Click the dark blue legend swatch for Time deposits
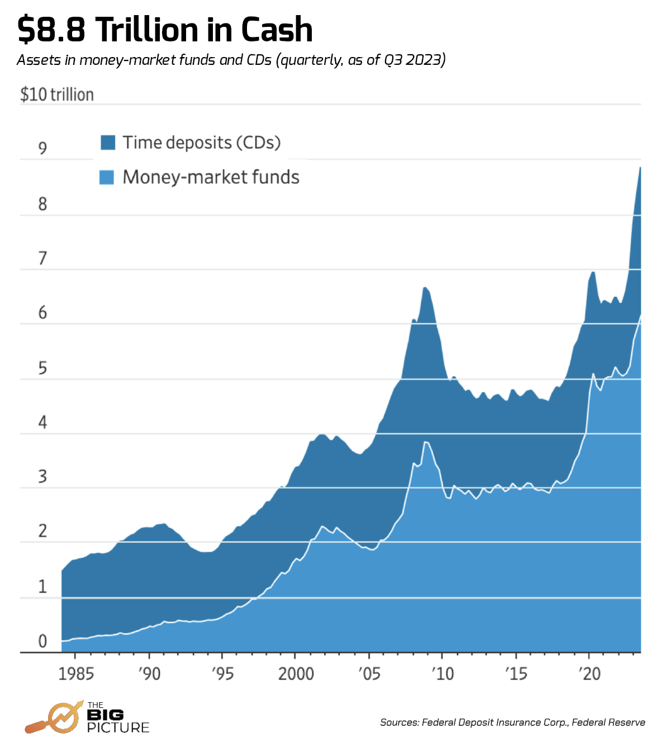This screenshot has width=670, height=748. coord(108,143)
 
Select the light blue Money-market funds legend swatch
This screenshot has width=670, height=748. coord(107,177)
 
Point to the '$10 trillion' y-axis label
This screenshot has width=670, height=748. coord(57,94)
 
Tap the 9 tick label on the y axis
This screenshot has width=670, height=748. coord(42,148)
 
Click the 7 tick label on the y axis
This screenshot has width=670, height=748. coord(42,258)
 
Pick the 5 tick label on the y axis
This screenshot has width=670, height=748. coord(42,368)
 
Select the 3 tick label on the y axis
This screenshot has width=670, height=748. coord(42,477)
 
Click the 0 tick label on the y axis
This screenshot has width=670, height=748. coord(42,641)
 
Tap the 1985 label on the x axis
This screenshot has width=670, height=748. coord(76,674)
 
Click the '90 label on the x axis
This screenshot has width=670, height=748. coord(149,674)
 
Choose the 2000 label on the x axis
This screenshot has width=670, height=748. coord(296,674)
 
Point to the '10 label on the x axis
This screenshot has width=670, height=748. coord(443,674)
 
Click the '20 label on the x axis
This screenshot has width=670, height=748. coord(589,674)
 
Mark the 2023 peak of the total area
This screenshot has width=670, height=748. coord(640,168)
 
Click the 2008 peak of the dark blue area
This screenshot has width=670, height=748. coord(425,288)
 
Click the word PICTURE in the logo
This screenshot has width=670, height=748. coord(118,727)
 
